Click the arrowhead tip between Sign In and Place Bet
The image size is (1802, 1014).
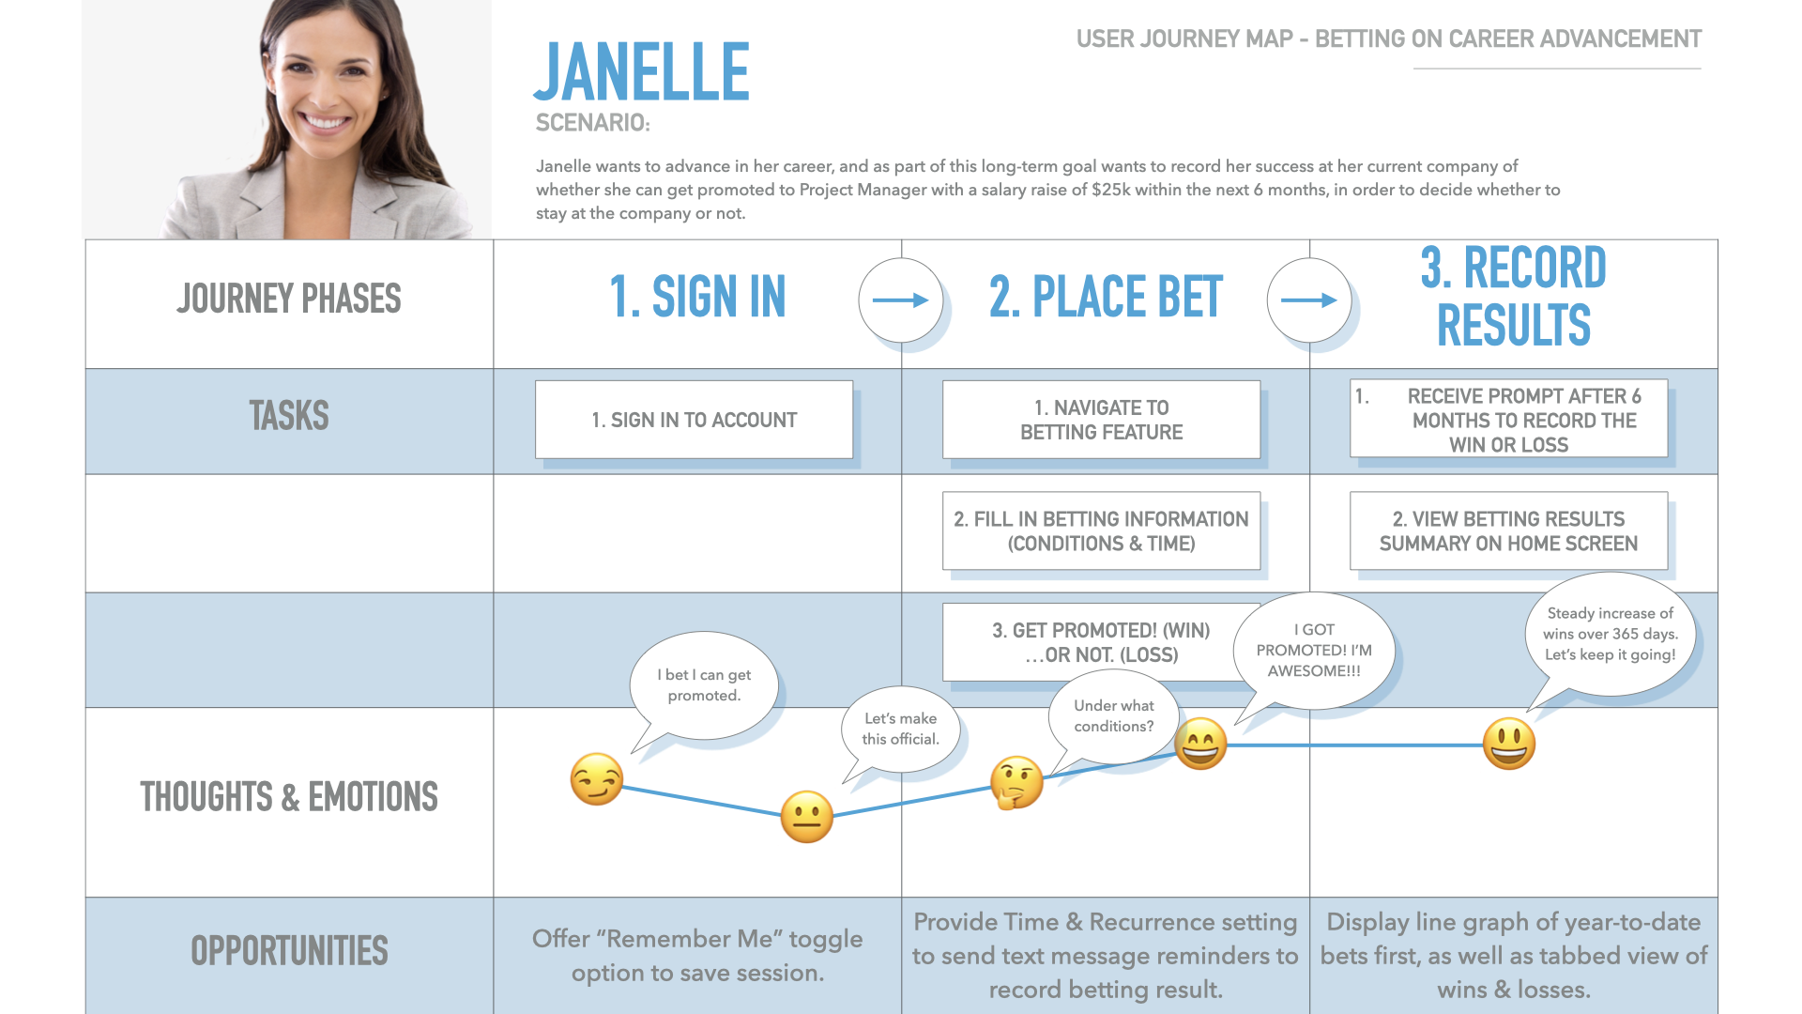[929, 300]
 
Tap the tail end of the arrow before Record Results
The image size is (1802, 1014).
[1281, 300]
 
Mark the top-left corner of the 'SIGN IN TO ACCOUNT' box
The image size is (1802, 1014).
[536, 381]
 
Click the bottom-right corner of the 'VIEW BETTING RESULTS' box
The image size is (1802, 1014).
[1668, 569]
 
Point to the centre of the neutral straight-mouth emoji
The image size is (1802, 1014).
[807, 816]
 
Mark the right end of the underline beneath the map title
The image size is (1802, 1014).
[1701, 69]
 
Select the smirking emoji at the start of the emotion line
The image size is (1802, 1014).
[597, 779]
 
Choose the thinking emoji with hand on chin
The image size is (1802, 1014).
[1017, 782]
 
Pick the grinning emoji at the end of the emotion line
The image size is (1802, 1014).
[1509, 744]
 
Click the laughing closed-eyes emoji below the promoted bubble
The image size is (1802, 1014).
[1201, 744]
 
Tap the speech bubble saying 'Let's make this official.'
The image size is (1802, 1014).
[901, 730]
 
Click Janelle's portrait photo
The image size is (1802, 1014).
[287, 119]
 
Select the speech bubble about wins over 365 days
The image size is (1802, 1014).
[1611, 635]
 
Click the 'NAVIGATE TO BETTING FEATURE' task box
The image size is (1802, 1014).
[1102, 420]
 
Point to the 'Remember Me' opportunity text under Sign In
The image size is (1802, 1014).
[697, 956]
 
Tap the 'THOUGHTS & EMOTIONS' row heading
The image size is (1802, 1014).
[289, 797]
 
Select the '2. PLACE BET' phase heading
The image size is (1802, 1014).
[1106, 297]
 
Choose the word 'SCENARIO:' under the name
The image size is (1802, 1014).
[592, 123]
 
